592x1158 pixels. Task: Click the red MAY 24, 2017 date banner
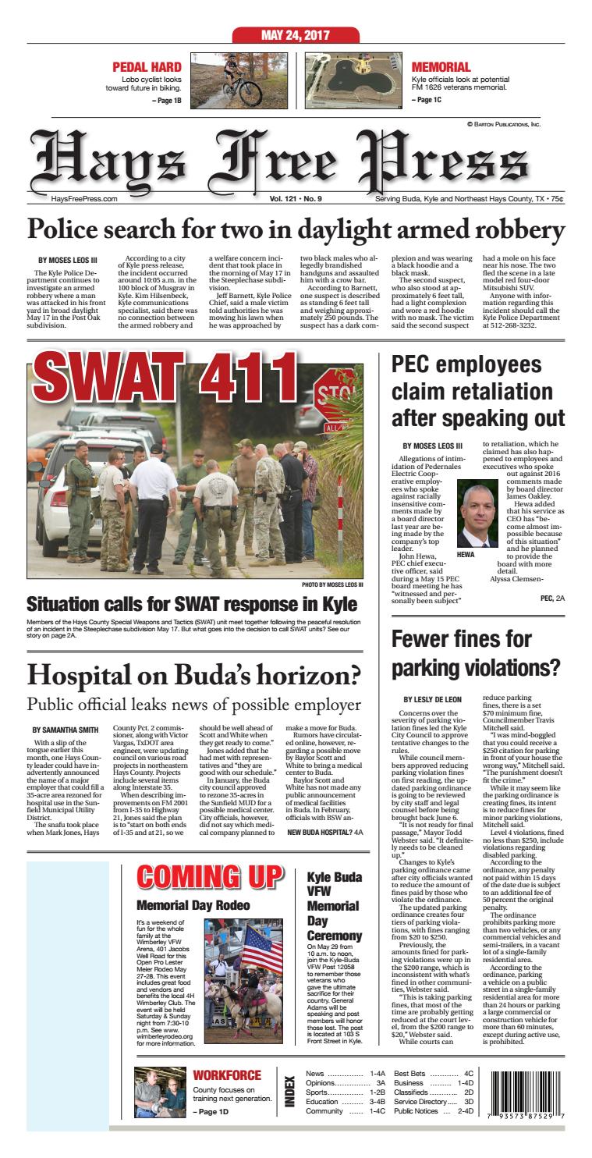pyautogui.click(x=296, y=35)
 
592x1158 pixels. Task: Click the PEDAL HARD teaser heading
pyautogui.click(x=147, y=67)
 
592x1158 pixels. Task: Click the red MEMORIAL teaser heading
pyautogui.click(x=441, y=67)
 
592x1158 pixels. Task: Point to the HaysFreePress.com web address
pyautogui.click(x=83, y=199)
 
